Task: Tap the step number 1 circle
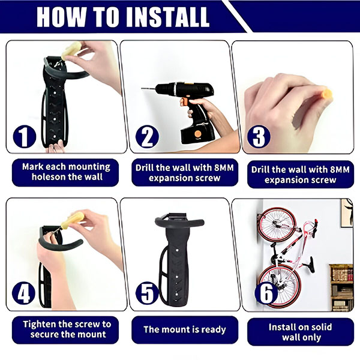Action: point(25,136)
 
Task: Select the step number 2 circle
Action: point(147,136)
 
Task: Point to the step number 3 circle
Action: point(259,136)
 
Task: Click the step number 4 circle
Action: point(23,293)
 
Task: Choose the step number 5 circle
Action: point(147,293)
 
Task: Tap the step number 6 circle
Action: point(266,293)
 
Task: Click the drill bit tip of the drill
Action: point(142,88)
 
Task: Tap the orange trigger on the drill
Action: point(184,101)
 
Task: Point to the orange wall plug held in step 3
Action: point(327,94)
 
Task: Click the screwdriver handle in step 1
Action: point(71,50)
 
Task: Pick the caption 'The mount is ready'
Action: point(185,329)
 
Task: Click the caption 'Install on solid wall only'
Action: point(301,332)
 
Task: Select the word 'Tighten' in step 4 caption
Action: point(39,325)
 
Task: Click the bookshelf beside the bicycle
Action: point(341,287)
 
